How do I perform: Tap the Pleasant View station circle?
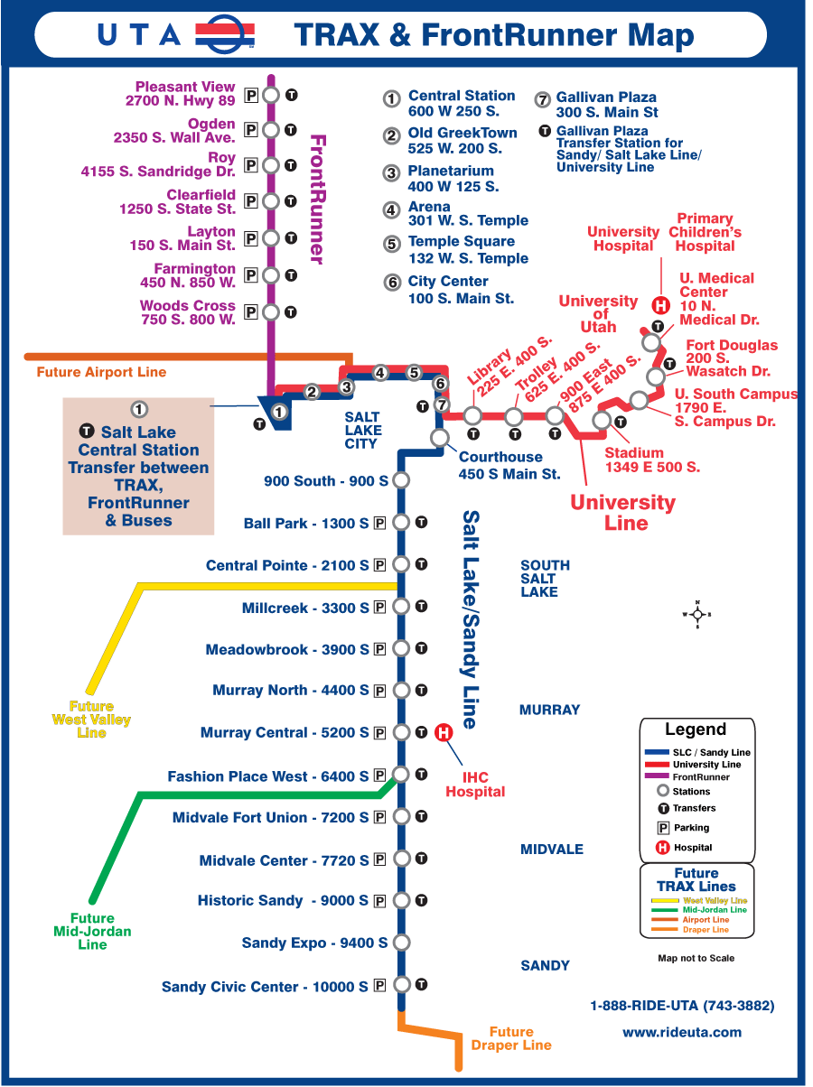pyautogui.click(x=270, y=94)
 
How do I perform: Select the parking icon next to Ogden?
pyautogui.click(x=251, y=130)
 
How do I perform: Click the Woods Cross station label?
pyautogui.click(x=187, y=312)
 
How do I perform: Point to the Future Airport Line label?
pyautogui.click(x=101, y=372)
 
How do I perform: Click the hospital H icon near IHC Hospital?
pyautogui.click(x=444, y=732)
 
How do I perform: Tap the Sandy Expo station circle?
pyautogui.click(x=401, y=943)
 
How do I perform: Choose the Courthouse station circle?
pyautogui.click(x=440, y=438)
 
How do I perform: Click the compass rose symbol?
pyautogui.click(x=697, y=615)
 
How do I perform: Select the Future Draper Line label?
pyautogui.click(x=511, y=1038)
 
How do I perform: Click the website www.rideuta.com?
pyautogui.click(x=682, y=1032)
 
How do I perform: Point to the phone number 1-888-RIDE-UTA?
pyautogui.click(x=682, y=1006)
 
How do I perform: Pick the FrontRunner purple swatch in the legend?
pyautogui.click(x=659, y=777)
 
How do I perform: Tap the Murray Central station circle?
pyautogui.click(x=401, y=732)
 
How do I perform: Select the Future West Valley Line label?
pyautogui.click(x=91, y=720)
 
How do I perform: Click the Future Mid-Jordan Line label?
pyautogui.click(x=92, y=932)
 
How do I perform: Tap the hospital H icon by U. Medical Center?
pyautogui.click(x=660, y=305)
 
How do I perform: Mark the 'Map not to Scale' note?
pyautogui.click(x=696, y=958)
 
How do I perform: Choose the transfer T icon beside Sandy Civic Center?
pyautogui.click(x=421, y=985)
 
